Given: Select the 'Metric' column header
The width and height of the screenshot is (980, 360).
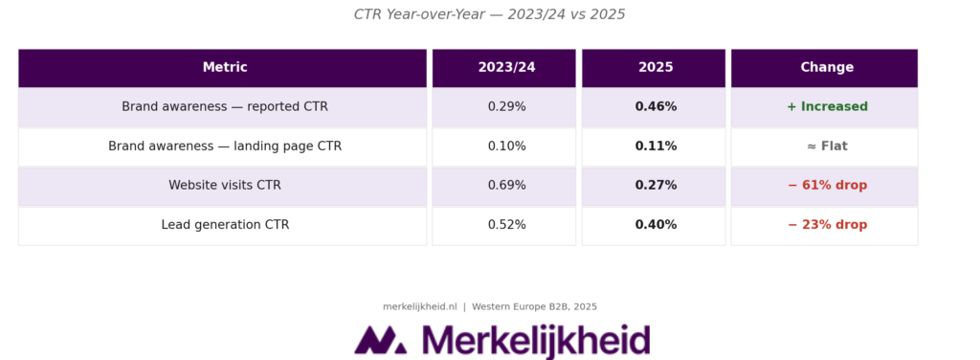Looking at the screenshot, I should (224, 68).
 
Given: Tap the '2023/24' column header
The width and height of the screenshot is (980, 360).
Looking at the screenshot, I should (506, 68).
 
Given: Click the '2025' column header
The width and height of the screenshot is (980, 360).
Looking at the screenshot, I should (656, 68).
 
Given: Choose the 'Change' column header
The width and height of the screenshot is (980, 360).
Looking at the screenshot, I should (827, 68).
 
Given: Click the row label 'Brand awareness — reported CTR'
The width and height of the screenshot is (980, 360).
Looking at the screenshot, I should (224, 107).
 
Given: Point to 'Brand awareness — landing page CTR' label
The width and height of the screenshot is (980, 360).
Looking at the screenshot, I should (224, 146).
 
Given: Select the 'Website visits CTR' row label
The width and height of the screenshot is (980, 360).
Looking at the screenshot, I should (224, 186).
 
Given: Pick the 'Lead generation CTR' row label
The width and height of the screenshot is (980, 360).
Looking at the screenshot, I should (224, 225).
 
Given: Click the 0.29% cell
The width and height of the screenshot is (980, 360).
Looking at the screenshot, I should (506, 107).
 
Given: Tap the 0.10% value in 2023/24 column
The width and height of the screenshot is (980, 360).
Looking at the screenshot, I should (506, 146).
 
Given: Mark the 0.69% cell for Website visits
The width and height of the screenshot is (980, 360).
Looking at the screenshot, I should (506, 186).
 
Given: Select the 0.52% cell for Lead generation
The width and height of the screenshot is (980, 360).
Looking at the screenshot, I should (506, 225).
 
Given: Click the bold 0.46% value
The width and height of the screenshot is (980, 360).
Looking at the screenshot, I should (656, 107).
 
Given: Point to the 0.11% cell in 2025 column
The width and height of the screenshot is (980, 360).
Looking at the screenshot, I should (656, 146).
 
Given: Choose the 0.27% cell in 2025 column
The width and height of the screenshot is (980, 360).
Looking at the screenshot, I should (656, 186).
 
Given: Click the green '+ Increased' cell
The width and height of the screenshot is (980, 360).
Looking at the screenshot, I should (827, 107).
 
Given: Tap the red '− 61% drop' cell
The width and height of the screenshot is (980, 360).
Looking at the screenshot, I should (827, 186).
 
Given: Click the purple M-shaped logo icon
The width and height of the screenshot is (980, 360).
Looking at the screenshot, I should (380, 340).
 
